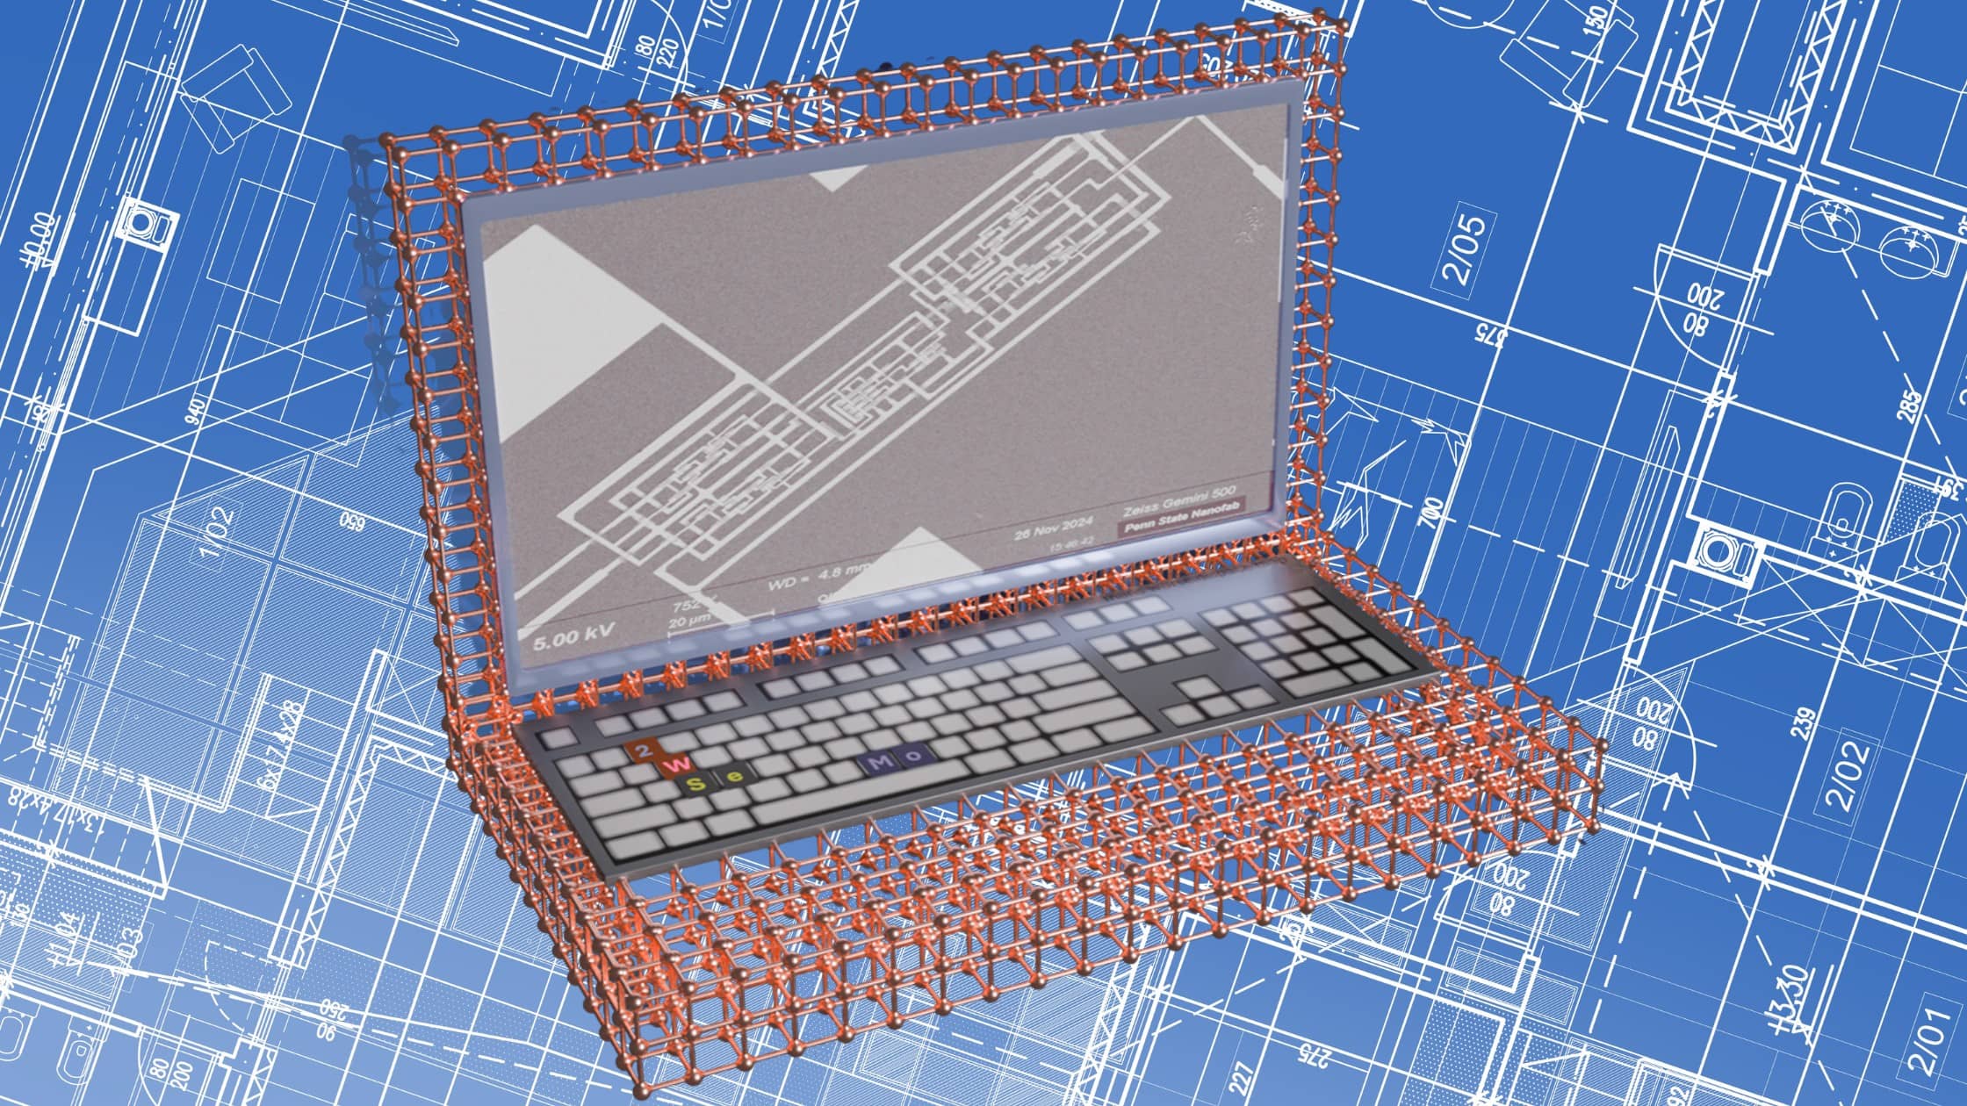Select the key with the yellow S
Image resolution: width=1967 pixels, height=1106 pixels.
tap(696, 782)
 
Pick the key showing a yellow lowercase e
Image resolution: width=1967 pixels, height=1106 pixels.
tap(736, 776)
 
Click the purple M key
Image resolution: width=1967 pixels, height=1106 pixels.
tap(877, 764)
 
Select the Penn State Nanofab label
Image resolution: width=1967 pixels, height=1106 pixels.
tap(1182, 528)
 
